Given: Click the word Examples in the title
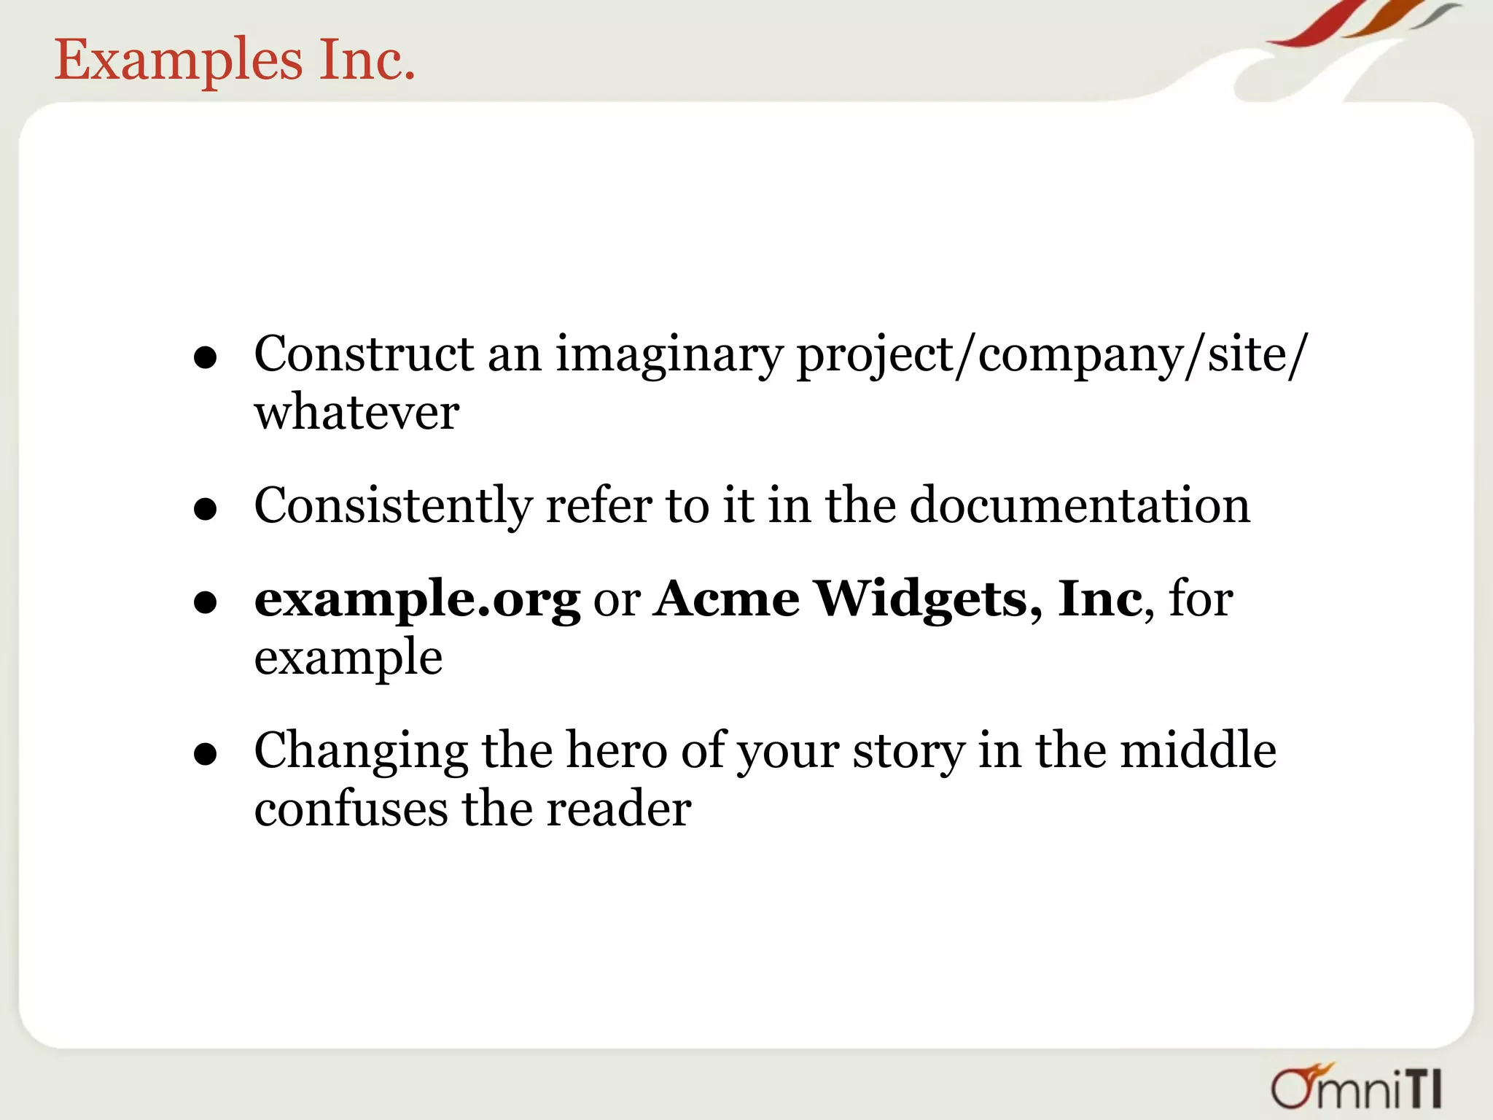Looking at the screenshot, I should pos(178,61).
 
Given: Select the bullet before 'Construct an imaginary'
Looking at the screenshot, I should pos(206,358).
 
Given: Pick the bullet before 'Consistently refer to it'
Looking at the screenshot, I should pos(206,509).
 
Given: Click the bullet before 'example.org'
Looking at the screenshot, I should pos(206,602).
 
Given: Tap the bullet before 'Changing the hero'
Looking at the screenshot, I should pos(206,755).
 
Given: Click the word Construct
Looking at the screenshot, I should pos(364,355).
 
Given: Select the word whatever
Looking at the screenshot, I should pos(356,413).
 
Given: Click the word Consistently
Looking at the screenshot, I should pos(393,506).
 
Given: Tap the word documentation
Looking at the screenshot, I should pos(1080,505).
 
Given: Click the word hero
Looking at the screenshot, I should pos(617,750).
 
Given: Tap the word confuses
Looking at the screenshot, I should pos(351,809).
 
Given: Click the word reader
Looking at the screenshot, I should pos(618,809).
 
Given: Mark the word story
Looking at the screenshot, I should pos(908,752).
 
